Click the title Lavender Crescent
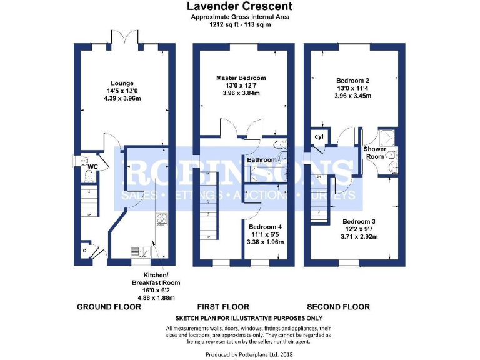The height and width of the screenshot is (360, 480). [239, 6]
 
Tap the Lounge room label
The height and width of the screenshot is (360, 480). [122, 83]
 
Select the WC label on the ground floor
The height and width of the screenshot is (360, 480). [92, 167]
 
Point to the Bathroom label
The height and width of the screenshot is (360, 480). [262, 160]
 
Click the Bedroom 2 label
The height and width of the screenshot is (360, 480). [352, 81]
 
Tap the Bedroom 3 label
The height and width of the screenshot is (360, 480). [358, 221]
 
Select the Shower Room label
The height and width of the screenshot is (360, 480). [374, 153]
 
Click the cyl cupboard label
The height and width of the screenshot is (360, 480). [319, 137]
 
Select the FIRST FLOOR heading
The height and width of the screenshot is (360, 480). [223, 307]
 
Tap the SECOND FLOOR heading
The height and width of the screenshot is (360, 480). [337, 307]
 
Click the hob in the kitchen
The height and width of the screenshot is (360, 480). [161, 219]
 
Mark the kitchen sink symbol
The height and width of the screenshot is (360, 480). [138, 251]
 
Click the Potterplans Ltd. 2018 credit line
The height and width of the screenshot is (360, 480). [239, 354]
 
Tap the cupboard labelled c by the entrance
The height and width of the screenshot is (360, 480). [84, 251]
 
